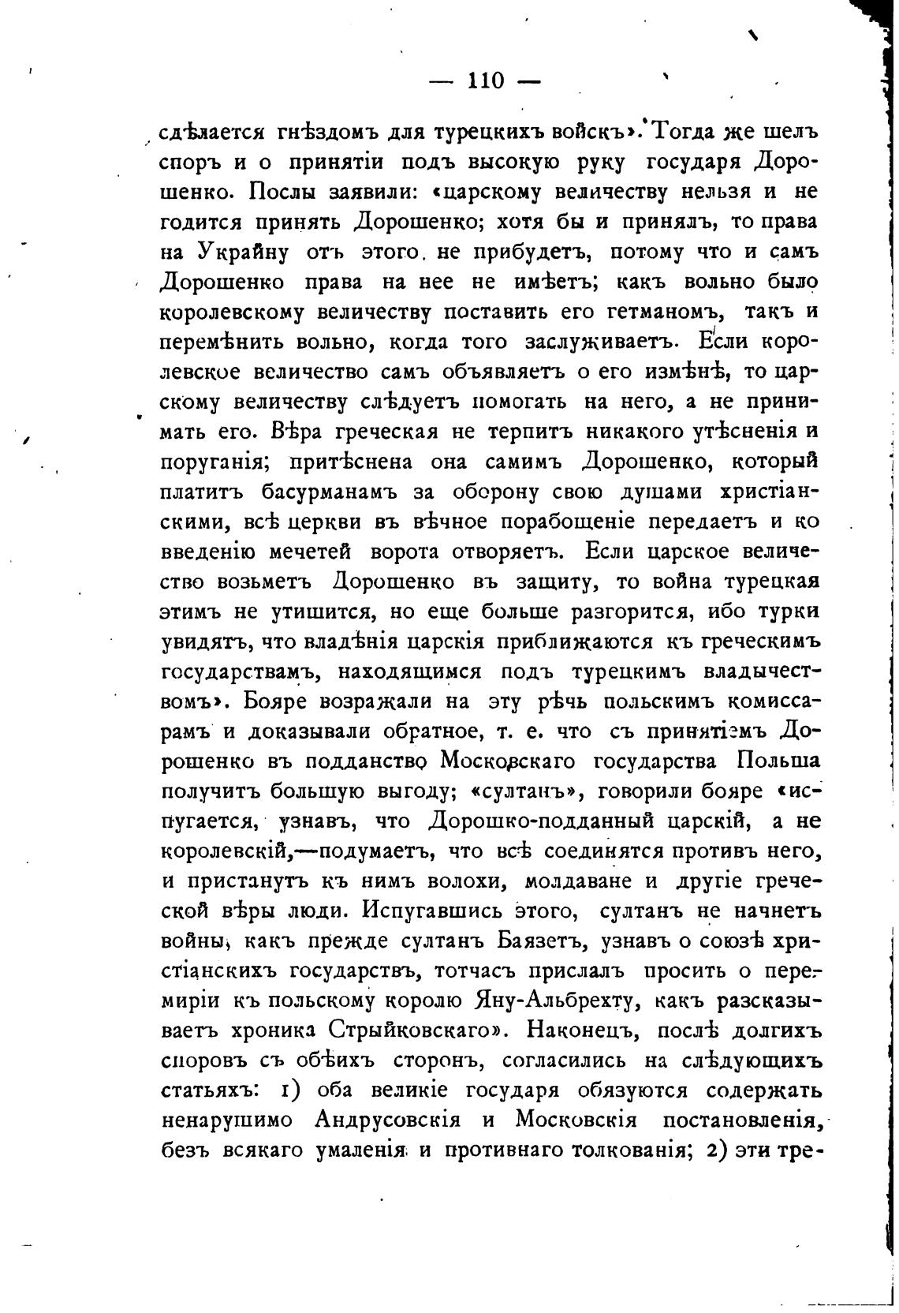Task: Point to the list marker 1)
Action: tap(289, 1090)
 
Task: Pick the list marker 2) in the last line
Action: tap(717, 1150)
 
